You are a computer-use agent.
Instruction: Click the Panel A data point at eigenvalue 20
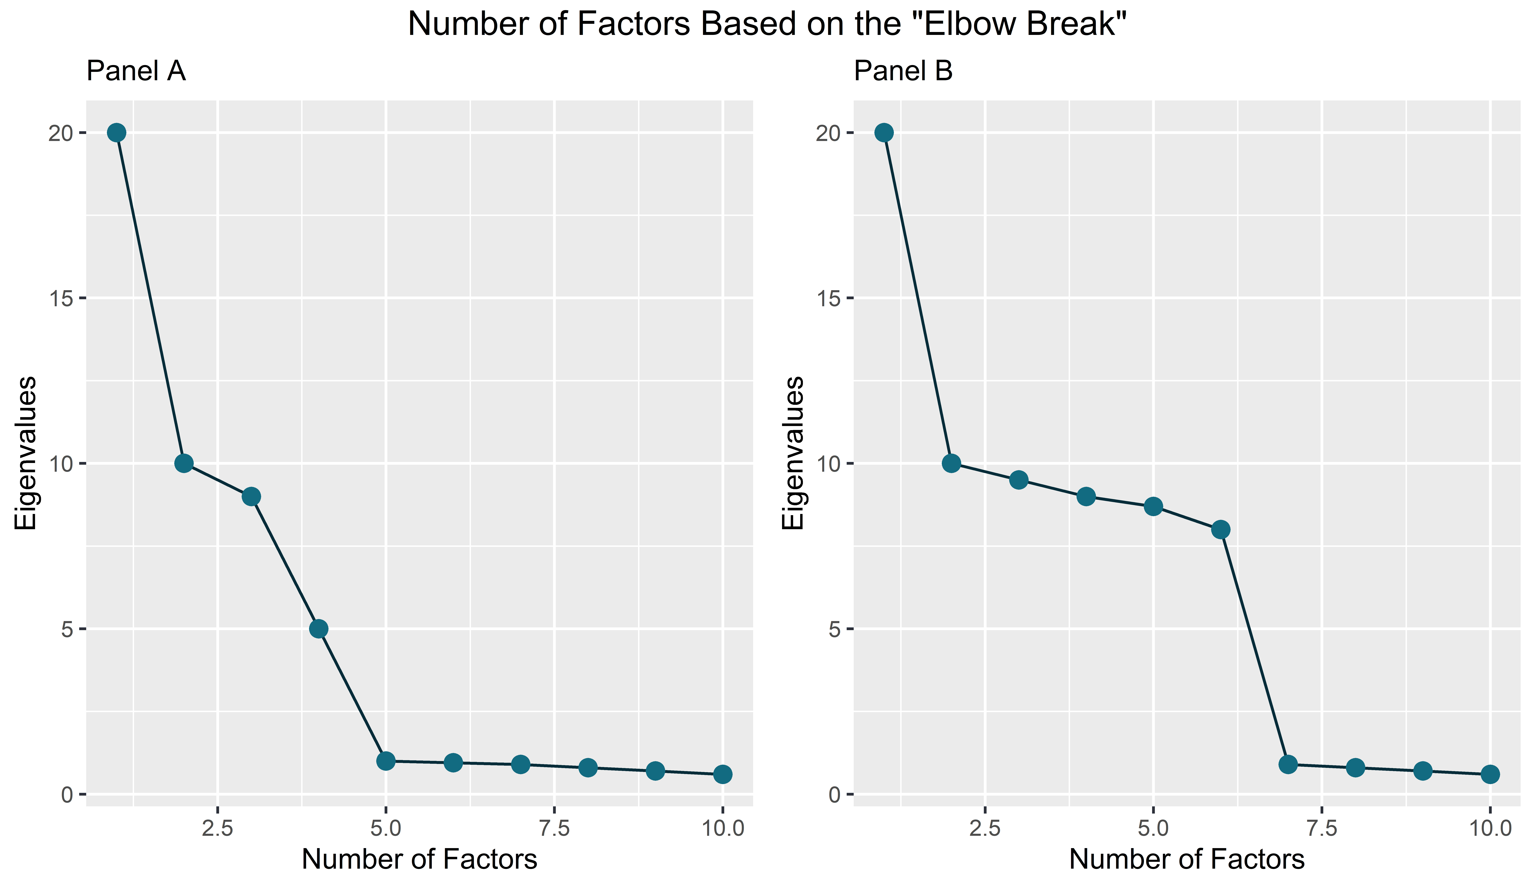coord(117,133)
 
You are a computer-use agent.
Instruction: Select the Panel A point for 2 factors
coord(184,464)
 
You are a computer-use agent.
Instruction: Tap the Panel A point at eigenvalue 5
coord(319,629)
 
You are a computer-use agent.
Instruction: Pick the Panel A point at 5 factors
coord(386,761)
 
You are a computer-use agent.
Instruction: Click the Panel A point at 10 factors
coord(722,774)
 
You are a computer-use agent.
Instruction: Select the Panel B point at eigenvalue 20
coord(884,133)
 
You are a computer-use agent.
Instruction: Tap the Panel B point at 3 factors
coord(1019,480)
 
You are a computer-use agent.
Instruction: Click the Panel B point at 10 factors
coord(1490,774)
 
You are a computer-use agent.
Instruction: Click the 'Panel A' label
coord(136,71)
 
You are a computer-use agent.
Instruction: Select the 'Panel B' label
coord(903,71)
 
